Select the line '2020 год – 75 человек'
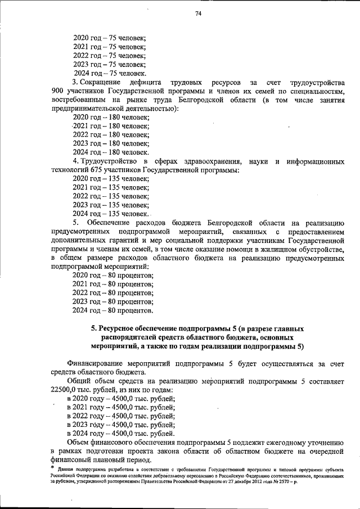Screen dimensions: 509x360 [x=110, y=38]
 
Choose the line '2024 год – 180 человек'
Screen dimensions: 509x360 [x=111, y=152]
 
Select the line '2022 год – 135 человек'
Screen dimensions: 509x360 [x=111, y=196]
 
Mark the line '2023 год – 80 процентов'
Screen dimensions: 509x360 [x=113, y=301]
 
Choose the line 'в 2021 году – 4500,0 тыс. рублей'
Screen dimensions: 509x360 [x=121, y=407]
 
